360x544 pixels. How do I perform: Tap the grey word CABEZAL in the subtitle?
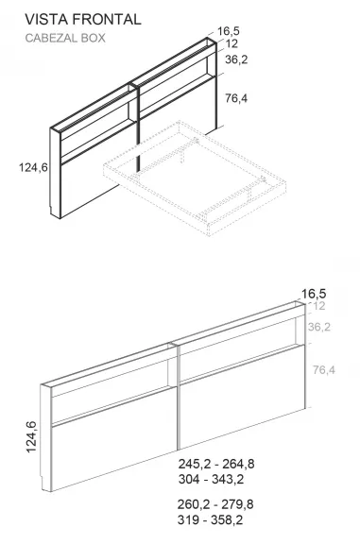(52, 39)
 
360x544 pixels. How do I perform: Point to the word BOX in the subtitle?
(94, 39)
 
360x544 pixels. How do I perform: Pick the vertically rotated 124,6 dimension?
(32, 436)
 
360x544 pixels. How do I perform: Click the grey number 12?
(317, 306)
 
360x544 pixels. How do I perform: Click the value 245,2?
(196, 465)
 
